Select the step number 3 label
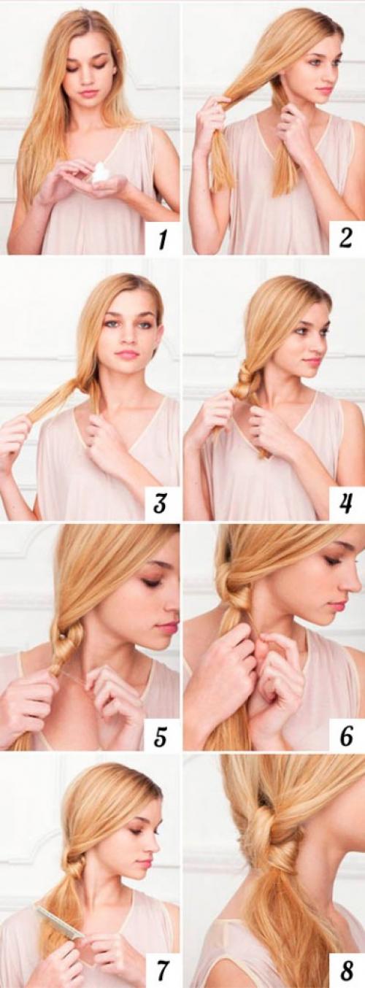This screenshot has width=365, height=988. pyautogui.click(x=159, y=502)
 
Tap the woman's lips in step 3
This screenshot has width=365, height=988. pyautogui.click(x=127, y=354)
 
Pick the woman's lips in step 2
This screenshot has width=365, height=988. pyautogui.click(x=324, y=91)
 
